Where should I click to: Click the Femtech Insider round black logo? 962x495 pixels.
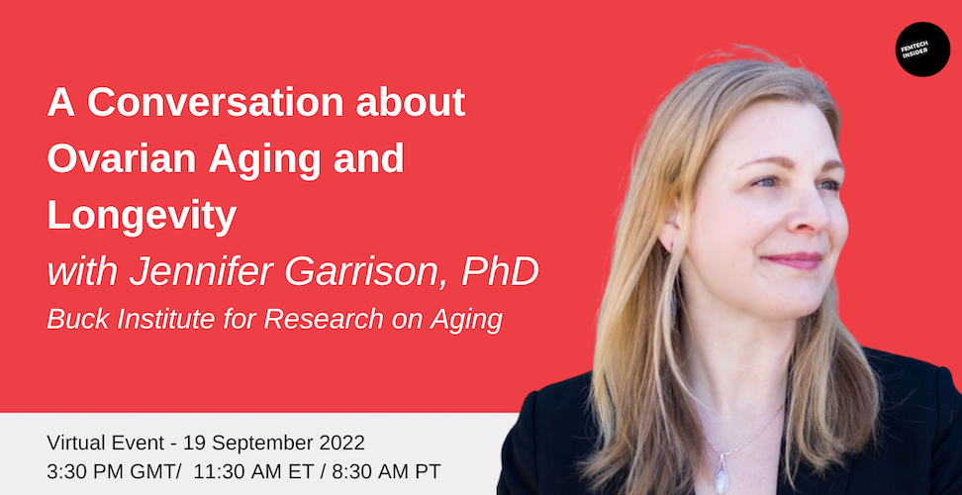(x=922, y=49)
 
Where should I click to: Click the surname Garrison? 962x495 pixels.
(x=367, y=273)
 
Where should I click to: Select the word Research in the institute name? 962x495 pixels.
(x=326, y=320)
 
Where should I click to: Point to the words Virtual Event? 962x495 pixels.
(x=106, y=443)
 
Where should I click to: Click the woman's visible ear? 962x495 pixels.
(x=670, y=232)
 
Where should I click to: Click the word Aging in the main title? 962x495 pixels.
(x=265, y=160)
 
